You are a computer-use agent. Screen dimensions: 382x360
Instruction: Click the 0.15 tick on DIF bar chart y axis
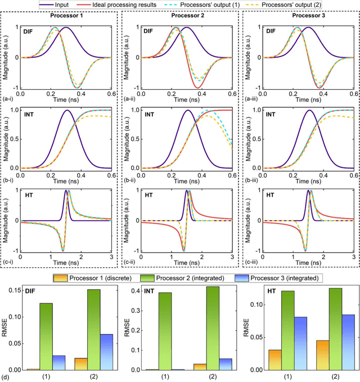pyautogui.click(x=16, y=290)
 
